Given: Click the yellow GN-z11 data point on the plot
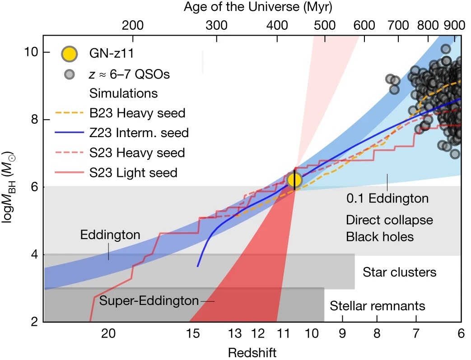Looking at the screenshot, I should (294, 180).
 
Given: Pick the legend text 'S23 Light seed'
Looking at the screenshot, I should (133, 172).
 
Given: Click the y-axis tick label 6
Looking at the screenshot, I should (34, 187).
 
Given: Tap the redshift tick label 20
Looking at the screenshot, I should (108, 334).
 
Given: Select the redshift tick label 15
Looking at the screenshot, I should (193, 334).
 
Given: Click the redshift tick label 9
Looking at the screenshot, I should (342, 334).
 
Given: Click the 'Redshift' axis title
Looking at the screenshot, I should (252, 351).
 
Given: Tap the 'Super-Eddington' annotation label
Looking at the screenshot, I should (149, 300).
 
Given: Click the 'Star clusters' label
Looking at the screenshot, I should (400, 272).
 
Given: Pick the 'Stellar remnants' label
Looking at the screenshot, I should (378, 306).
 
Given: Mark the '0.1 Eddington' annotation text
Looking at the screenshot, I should (387, 198).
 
